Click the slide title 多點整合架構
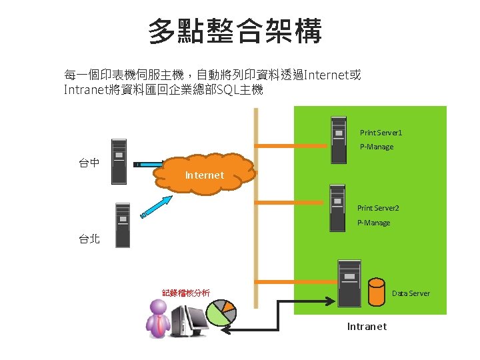[x=235, y=31]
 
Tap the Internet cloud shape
[x=205, y=175]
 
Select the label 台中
[x=89, y=162]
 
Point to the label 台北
[x=89, y=239]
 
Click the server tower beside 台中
[x=119, y=161]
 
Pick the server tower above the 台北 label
[x=122, y=225]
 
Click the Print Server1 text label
[x=381, y=133]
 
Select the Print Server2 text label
[x=378, y=209]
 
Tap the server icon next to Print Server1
[x=339, y=139]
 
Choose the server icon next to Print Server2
[x=337, y=207]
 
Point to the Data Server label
[x=411, y=293]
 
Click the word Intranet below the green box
[x=367, y=327]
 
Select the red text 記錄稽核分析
[x=186, y=292]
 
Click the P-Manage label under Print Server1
[x=377, y=147]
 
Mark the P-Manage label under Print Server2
[x=373, y=223]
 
